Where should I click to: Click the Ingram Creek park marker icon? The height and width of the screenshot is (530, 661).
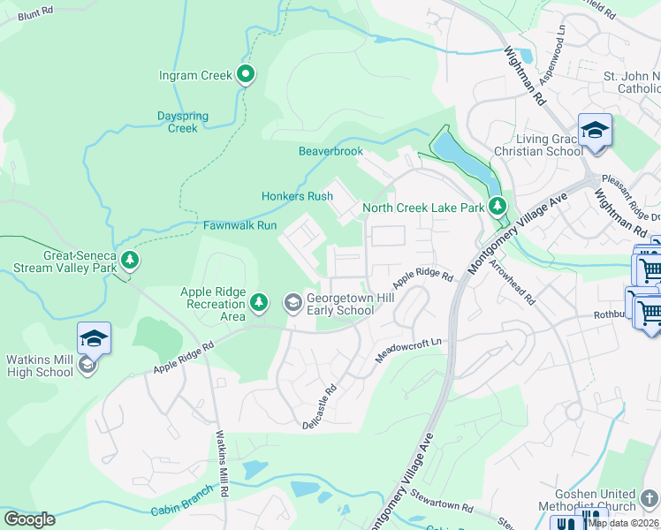pos(247,75)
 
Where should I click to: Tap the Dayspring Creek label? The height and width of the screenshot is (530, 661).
pos(183,122)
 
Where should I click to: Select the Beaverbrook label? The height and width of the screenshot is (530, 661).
pos(330,151)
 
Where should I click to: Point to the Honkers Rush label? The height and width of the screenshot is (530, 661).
pos(297,196)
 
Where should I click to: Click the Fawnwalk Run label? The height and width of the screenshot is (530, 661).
pos(240,226)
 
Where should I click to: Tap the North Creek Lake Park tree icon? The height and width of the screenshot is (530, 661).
pos(498,207)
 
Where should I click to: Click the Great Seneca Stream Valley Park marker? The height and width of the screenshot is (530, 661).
pos(130,260)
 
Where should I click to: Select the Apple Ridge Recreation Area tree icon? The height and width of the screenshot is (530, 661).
pos(259,304)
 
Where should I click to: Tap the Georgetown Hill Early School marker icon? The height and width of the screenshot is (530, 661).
pos(293,304)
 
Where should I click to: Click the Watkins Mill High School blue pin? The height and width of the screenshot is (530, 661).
pos(94,338)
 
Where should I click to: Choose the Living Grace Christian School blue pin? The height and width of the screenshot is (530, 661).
pos(595,130)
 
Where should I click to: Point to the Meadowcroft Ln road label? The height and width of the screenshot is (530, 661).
pos(407,343)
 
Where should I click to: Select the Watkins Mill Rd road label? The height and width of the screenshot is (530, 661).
pos(222,467)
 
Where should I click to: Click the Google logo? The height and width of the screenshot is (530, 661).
pos(30,519)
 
